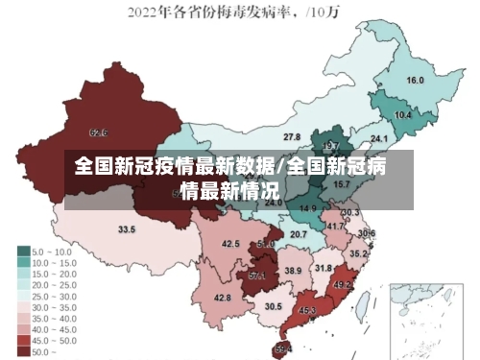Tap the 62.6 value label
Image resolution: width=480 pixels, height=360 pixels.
pyautogui.click(x=98, y=132)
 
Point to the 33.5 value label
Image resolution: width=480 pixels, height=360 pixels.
pyautogui.click(x=127, y=229)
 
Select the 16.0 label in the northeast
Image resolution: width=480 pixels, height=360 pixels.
pyautogui.click(x=416, y=80)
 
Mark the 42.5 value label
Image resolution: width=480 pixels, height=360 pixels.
pyautogui.click(x=230, y=244)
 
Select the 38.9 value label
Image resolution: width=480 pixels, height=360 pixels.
pyautogui.click(x=293, y=272)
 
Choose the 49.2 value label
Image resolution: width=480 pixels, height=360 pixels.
pyautogui.click(x=342, y=285)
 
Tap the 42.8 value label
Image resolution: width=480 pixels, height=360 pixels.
pyautogui.click(x=223, y=298)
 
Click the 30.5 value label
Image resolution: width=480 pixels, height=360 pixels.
pyautogui.click(x=274, y=306)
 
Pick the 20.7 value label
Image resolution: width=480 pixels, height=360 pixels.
pyautogui.click(x=300, y=234)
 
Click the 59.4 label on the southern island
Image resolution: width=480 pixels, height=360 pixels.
pyautogui.click(x=283, y=348)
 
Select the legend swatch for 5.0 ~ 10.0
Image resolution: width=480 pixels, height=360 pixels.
pyautogui.click(x=22, y=251)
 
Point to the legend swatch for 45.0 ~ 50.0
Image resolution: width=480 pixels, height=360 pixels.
pyautogui.click(x=22, y=341)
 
